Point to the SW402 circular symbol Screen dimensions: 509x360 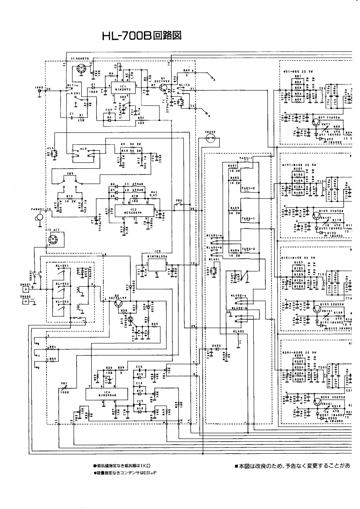tap(210, 139)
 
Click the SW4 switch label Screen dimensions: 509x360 tap(178, 200)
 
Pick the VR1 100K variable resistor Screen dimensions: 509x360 tap(64, 388)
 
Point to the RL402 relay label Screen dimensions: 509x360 tap(236, 332)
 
